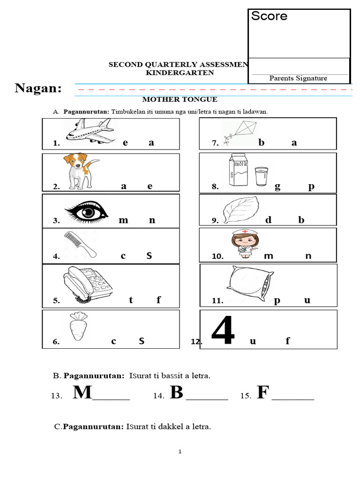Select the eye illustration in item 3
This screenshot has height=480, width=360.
86,211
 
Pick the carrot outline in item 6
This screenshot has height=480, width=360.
78,327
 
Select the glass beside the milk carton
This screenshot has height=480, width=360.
262,177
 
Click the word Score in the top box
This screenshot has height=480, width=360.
269,16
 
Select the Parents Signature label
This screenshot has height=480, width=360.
298,78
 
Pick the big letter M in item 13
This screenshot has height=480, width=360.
82,392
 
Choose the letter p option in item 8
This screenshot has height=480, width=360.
311,187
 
